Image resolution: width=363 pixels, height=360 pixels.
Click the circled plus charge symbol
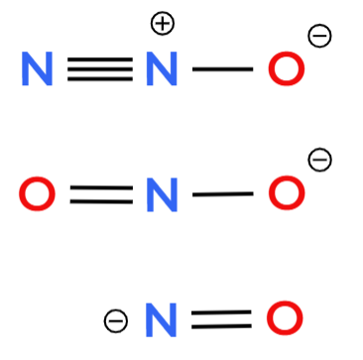point(163,23)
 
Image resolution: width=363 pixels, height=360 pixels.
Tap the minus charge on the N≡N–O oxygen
point(319,36)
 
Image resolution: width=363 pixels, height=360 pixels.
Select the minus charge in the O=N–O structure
point(319,160)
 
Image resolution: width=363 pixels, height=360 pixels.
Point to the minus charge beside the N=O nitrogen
point(116,321)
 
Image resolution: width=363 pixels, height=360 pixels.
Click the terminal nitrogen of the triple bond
point(37,68)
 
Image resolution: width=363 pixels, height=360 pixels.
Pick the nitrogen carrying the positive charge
point(162,68)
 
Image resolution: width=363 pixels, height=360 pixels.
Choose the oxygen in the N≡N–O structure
point(287,68)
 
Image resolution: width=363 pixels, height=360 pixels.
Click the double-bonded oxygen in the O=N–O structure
point(37,193)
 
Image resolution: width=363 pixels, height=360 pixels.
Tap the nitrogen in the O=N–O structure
point(162,194)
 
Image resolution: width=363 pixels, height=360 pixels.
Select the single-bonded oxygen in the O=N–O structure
point(287,193)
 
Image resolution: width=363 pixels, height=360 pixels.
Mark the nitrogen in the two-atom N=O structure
point(161,320)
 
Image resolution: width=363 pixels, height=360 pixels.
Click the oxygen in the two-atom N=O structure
point(285,318)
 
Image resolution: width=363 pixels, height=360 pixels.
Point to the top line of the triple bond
point(100,60)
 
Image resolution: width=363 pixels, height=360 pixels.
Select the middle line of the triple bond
point(100,69)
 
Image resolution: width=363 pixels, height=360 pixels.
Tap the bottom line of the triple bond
point(100,78)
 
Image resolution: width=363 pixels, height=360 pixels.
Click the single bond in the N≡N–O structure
point(223,69)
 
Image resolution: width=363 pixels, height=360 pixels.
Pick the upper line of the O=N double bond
point(101,187)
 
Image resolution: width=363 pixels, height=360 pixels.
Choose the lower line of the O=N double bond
point(101,201)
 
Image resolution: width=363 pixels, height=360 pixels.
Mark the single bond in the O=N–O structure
point(223,194)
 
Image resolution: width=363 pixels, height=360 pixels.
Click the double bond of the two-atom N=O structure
point(221,319)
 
